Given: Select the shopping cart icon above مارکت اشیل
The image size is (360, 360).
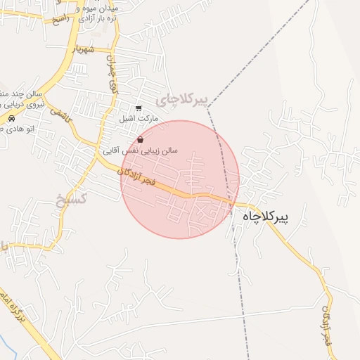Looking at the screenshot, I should (x=138, y=109).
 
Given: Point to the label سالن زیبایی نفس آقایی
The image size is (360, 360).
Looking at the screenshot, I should (x=141, y=150).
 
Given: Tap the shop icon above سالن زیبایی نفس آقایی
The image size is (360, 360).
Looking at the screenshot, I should (x=141, y=140).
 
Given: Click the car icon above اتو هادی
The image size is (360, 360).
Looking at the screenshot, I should (x=12, y=120).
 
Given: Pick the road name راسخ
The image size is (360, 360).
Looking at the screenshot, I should (x=62, y=18).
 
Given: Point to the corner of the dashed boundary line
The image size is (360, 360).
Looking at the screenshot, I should (x=207, y=108).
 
